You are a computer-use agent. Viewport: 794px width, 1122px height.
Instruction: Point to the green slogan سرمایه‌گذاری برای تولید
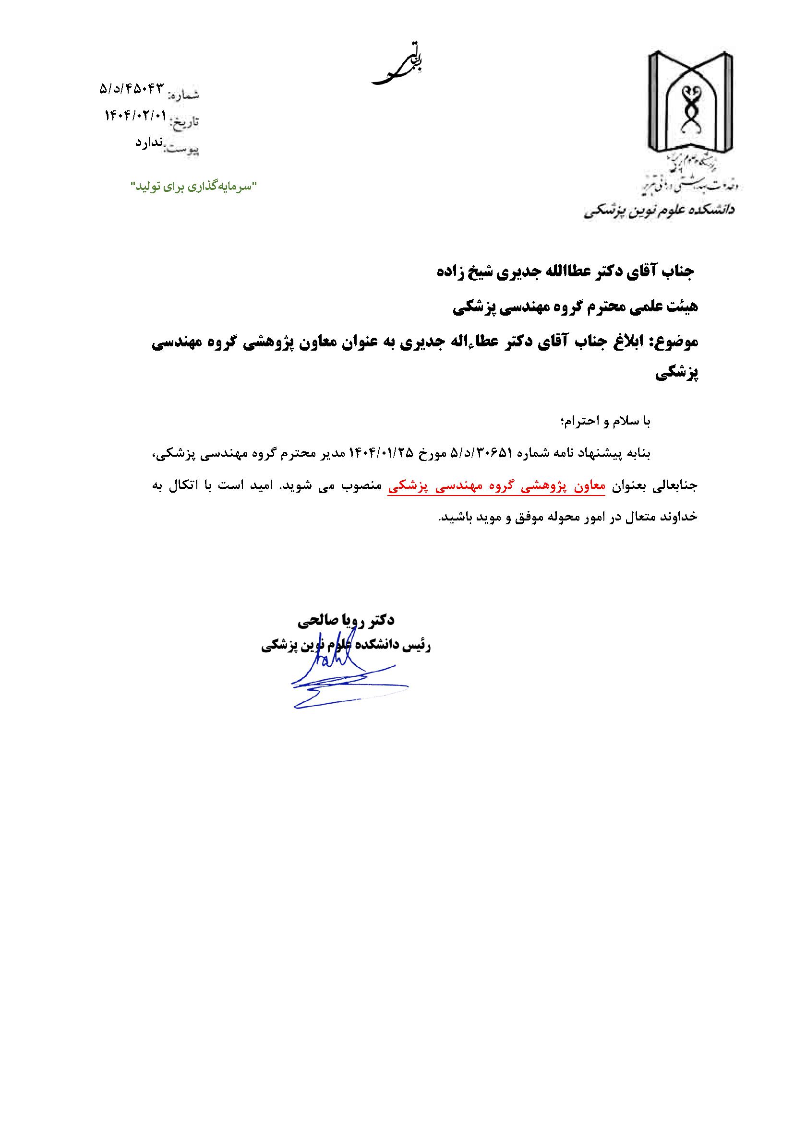[193, 186]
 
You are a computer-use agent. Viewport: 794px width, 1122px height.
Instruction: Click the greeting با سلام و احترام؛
[606, 421]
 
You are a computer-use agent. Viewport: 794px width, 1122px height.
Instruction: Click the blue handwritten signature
[342, 679]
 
